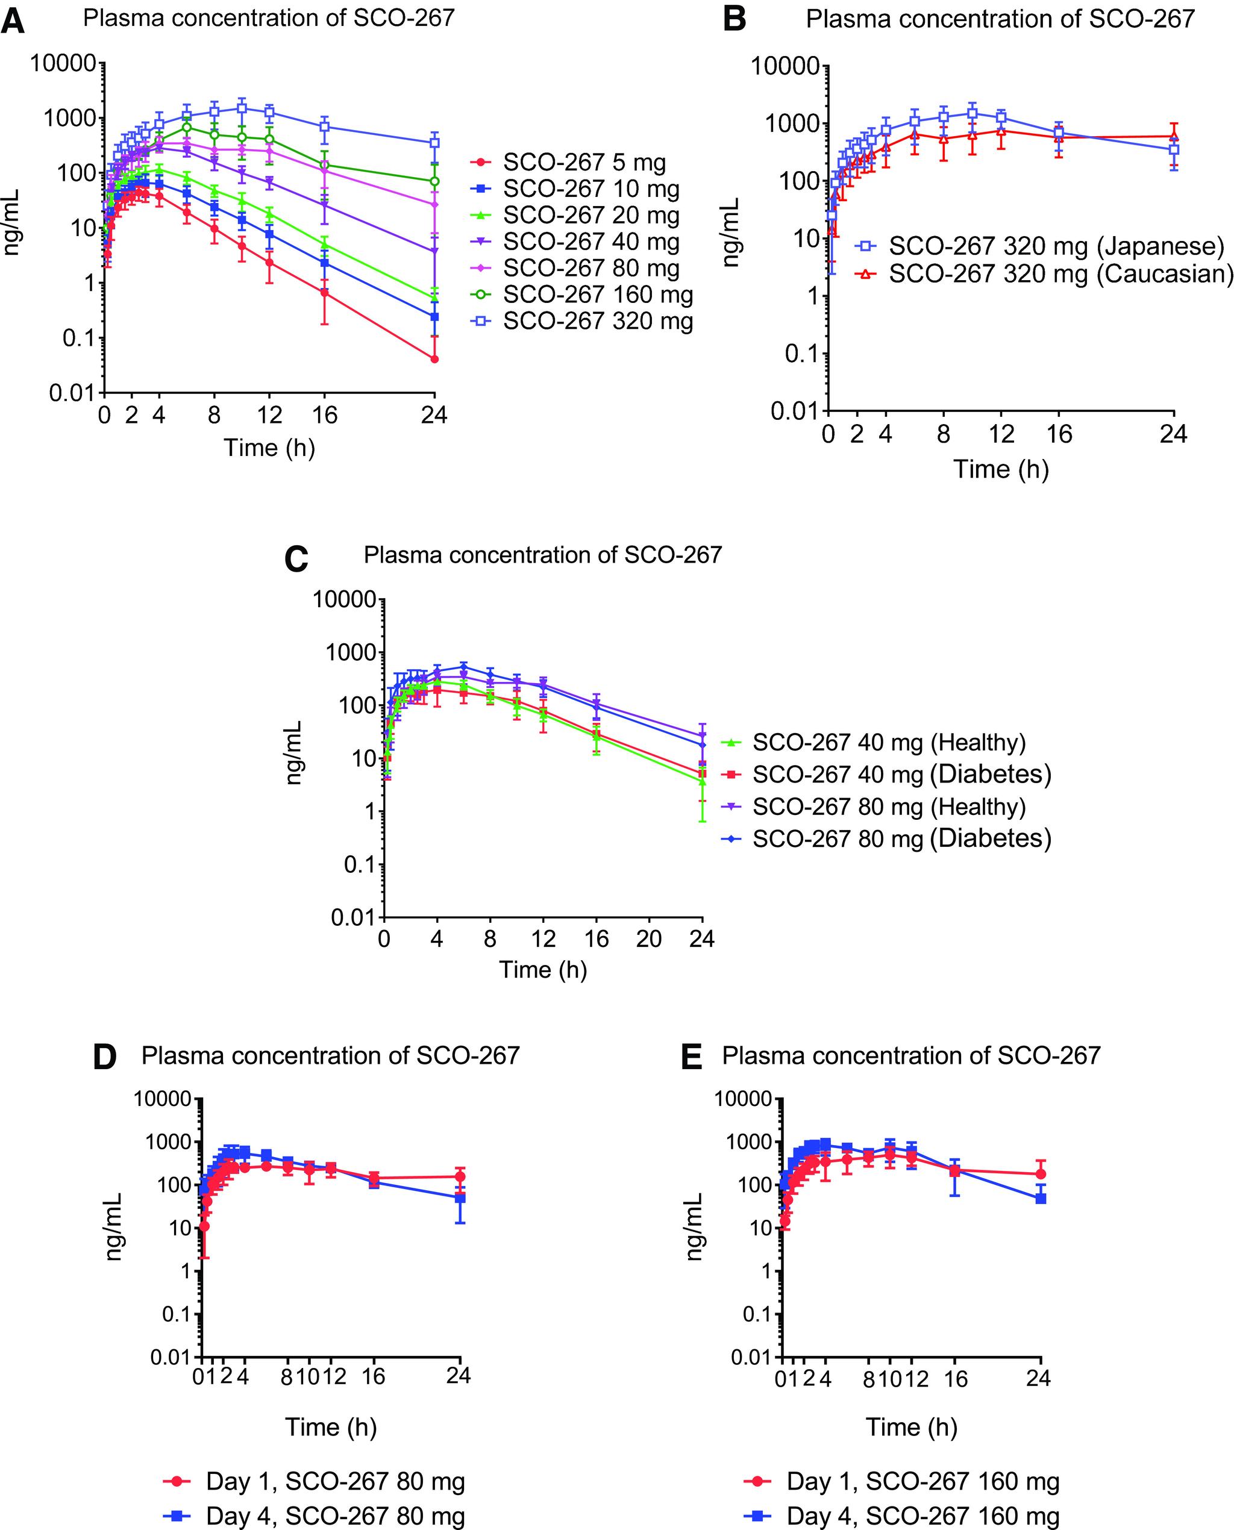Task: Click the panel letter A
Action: click(x=13, y=20)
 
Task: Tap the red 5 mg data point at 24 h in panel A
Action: click(x=434, y=359)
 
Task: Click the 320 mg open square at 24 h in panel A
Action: click(x=434, y=143)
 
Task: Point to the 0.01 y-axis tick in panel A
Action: click(x=72, y=392)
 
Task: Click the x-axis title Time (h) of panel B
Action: click(x=1000, y=469)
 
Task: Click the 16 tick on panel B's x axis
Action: click(x=1059, y=434)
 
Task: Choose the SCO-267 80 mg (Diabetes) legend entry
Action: click(x=901, y=838)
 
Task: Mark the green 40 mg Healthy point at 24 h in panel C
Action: click(x=703, y=781)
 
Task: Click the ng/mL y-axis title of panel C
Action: click(x=294, y=752)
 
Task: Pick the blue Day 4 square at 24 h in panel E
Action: click(x=1041, y=1198)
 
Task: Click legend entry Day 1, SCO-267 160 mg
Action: click(x=922, y=1482)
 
